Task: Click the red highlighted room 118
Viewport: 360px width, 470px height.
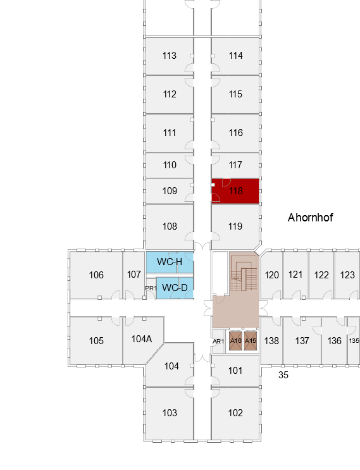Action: point(235,191)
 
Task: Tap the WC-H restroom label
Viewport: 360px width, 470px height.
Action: point(170,262)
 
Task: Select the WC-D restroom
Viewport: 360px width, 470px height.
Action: point(175,288)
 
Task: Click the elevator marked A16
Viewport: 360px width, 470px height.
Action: point(235,341)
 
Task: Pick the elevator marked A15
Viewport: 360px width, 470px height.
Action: point(251,341)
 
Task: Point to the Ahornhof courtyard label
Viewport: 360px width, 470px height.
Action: point(310,218)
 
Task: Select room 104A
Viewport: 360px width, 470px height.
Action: point(142,339)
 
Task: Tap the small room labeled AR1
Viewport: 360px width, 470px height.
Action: point(218,342)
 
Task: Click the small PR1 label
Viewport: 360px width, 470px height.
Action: point(151,288)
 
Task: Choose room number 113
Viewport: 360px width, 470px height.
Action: point(170,56)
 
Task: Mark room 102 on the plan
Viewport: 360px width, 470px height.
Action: point(235,413)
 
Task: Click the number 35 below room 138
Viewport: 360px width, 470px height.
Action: point(283,375)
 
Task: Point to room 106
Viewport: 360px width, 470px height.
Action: point(96,275)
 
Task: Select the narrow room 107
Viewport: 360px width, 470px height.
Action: point(133,275)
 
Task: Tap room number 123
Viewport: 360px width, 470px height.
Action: point(347,275)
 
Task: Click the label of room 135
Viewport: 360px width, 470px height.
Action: point(354,341)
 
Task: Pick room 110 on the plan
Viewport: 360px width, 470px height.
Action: point(170,165)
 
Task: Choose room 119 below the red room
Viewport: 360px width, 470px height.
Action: point(235,226)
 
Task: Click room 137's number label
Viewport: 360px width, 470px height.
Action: point(302,341)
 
